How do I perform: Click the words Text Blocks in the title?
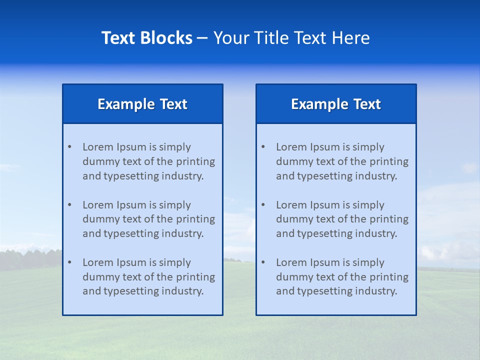146,38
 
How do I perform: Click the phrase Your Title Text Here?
291,38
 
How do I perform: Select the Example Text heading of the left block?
142,104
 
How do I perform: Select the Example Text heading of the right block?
336,104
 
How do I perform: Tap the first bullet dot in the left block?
69,147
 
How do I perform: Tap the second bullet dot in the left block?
69,205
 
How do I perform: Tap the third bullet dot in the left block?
69,262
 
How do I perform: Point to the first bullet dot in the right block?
263,147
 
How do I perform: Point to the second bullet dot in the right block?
263,205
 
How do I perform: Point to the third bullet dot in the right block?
263,262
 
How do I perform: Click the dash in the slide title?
202,38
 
